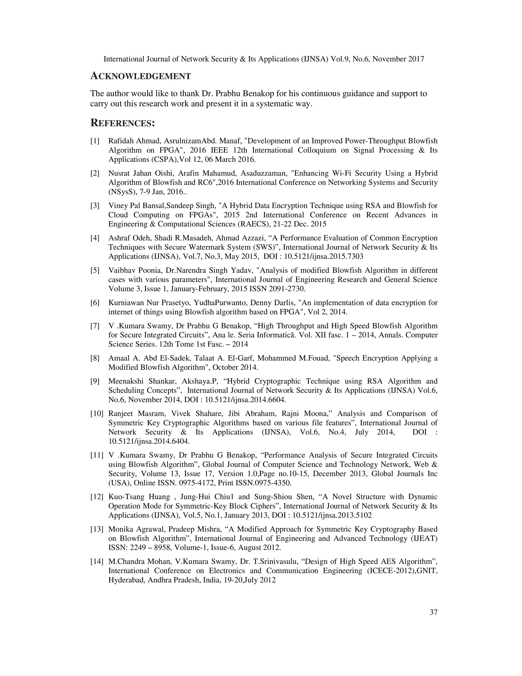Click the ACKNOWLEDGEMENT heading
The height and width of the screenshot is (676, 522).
coord(140,76)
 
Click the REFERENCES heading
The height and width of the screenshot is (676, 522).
coord(122,123)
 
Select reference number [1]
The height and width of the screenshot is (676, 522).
coord(95,141)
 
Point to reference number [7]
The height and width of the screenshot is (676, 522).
coord(95,326)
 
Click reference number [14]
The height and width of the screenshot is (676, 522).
coord(97,561)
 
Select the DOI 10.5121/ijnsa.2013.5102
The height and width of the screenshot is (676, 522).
coord(332,515)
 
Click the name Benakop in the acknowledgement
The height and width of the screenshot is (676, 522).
coord(242,93)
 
